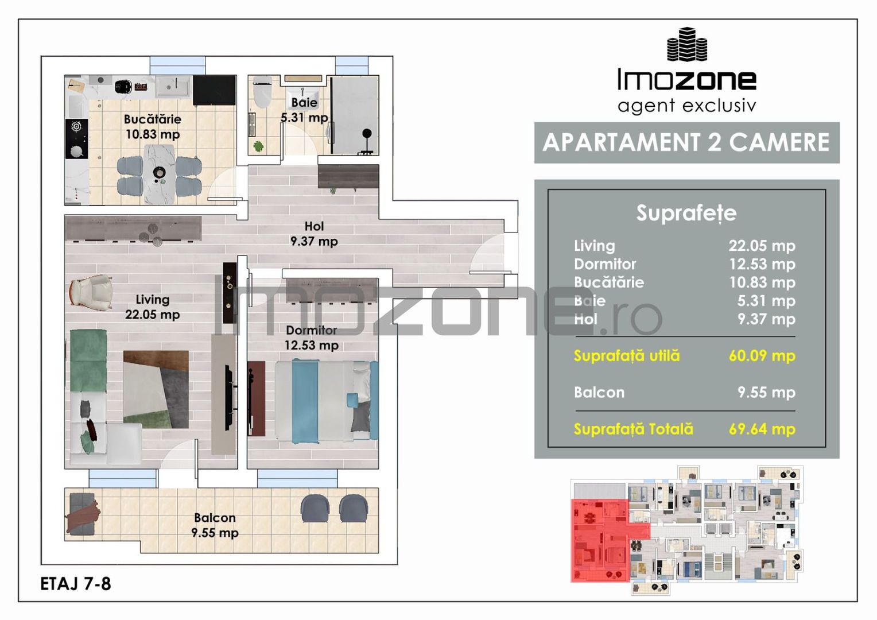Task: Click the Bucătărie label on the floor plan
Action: click(153, 119)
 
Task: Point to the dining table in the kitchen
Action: click(159, 174)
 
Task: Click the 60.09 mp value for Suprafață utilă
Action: click(762, 356)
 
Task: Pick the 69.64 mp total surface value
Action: click(762, 429)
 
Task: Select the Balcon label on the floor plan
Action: click(215, 518)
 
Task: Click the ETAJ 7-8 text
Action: click(76, 584)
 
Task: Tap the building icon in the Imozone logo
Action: click(687, 44)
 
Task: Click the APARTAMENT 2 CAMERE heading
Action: click(686, 142)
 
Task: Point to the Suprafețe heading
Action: click(686, 214)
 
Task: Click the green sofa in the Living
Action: click(88, 361)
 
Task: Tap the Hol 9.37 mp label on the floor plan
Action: click(314, 234)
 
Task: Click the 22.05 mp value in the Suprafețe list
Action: click(762, 246)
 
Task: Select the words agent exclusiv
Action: click(687, 106)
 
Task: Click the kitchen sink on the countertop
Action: click(173, 86)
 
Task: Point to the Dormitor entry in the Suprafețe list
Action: click(605, 265)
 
